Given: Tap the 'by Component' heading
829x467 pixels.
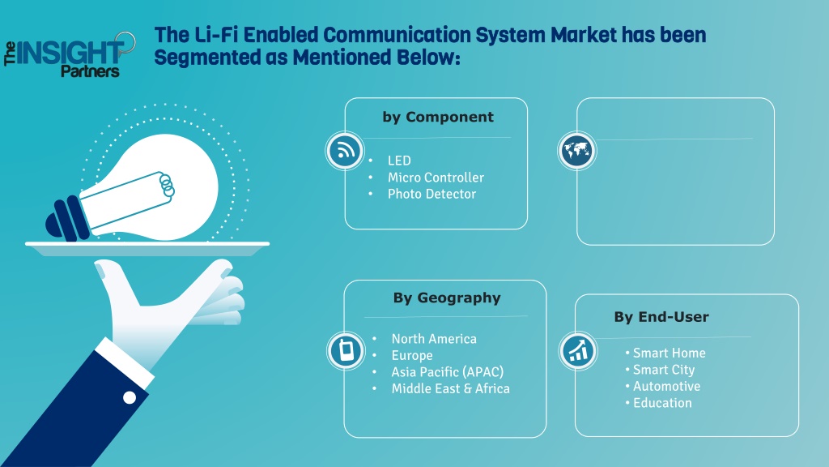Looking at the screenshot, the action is click(x=438, y=117).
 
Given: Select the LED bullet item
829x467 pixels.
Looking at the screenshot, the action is click(x=399, y=161).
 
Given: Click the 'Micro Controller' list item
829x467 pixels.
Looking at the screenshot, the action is click(x=436, y=178).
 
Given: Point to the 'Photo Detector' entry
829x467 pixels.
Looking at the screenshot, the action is click(x=432, y=194).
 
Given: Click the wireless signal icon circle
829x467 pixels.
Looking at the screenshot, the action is click(x=345, y=151).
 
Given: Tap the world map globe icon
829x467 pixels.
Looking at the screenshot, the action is click(x=576, y=151).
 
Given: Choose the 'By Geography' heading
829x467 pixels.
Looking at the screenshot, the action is click(x=447, y=298).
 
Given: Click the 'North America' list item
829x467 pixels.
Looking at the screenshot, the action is click(x=434, y=339).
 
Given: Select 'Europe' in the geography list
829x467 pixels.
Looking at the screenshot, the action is click(x=412, y=356).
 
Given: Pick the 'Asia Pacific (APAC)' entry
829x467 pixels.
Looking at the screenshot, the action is click(x=447, y=372).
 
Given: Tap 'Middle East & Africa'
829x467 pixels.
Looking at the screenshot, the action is click(x=450, y=388).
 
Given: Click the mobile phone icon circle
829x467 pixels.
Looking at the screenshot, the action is click(x=346, y=350).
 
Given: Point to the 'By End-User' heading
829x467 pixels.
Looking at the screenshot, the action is click(x=661, y=317).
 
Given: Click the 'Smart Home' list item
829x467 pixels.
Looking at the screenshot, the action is click(x=669, y=353).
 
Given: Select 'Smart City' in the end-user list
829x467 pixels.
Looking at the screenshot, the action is click(x=664, y=370).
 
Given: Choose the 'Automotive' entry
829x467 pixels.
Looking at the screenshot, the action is click(x=666, y=386).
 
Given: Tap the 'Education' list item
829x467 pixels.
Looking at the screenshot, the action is click(x=662, y=403).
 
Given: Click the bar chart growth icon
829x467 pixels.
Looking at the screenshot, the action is click(x=578, y=350).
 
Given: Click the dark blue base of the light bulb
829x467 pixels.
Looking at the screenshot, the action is click(x=67, y=219).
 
